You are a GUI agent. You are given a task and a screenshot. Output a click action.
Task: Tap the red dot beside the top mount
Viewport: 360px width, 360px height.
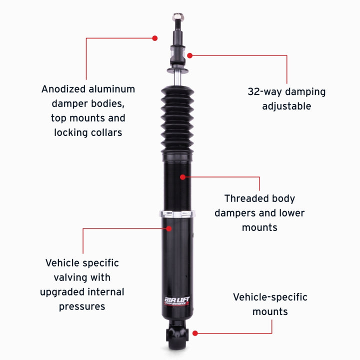pos(189,55)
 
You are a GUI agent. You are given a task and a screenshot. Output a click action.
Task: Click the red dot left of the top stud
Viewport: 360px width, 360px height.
pos(155,38)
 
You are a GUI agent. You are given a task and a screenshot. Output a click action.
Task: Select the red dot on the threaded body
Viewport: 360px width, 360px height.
pos(183,177)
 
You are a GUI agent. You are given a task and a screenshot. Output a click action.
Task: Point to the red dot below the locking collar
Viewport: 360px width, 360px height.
pos(170,228)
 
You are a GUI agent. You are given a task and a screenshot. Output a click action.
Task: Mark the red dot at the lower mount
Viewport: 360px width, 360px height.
pos(195,333)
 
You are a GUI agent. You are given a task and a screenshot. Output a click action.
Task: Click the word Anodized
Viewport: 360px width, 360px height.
pos(63,89)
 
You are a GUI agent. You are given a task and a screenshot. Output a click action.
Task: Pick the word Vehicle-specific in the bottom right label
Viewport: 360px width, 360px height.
pos(270,297)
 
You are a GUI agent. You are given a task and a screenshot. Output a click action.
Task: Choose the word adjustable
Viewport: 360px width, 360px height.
pos(286,106)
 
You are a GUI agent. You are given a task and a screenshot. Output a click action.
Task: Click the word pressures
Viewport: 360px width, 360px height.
pos(82,306)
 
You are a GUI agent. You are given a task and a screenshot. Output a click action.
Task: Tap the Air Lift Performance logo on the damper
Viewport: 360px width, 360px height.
pos(177,300)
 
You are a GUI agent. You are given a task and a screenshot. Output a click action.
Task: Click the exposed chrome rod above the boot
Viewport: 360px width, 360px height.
pos(177,77)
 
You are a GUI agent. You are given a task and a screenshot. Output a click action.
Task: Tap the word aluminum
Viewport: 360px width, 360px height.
pos(111,89)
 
